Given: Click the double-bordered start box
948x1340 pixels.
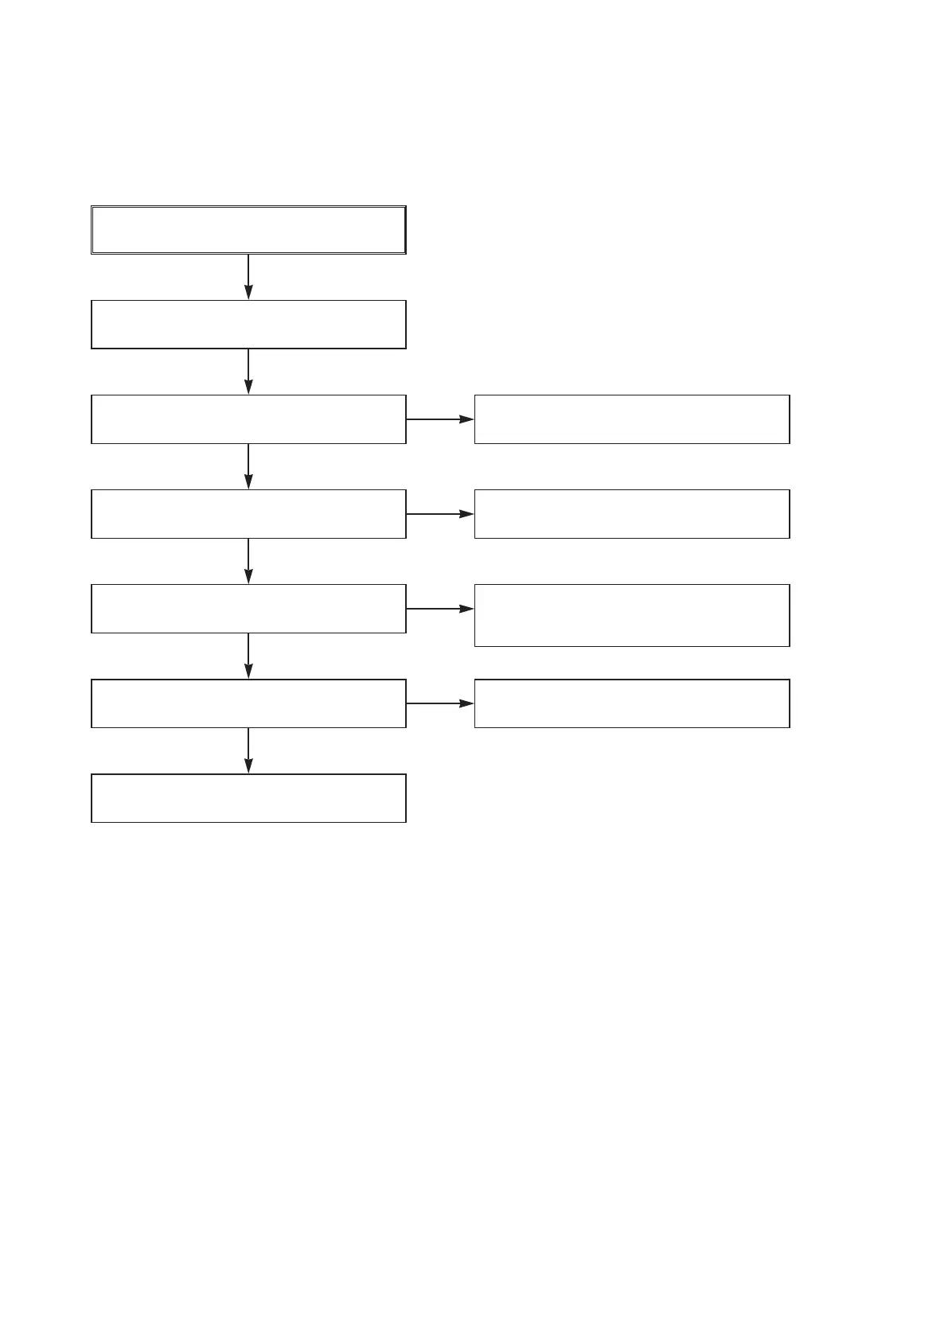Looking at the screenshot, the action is [248, 230].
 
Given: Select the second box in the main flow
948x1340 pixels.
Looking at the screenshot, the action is [248, 324].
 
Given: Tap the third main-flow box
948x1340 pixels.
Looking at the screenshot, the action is [248, 419].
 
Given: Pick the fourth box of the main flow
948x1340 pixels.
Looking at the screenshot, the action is [248, 514].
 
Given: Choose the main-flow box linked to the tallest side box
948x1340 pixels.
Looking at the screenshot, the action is [248, 609].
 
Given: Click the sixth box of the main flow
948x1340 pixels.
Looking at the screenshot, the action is [248, 703].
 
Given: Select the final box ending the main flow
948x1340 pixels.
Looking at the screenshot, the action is [248, 797].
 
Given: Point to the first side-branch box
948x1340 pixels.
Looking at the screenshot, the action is [632, 419].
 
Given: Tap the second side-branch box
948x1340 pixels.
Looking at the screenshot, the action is [632, 514].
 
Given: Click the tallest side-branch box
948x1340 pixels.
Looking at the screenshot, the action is [632, 615].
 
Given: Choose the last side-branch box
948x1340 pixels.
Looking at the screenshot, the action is [632, 703].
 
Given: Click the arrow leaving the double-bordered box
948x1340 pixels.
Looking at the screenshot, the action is [248, 277].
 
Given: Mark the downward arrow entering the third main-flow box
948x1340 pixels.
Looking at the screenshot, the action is [248, 372].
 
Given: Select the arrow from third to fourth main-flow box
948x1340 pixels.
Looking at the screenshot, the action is [248, 466].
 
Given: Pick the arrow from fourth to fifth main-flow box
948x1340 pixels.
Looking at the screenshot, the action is [248, 561].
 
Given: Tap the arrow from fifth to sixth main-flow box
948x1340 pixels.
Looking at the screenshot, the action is [248, 656].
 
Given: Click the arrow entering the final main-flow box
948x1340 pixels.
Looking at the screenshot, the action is [248, 750].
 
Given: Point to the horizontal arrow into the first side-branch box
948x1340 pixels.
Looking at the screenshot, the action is [440, 419].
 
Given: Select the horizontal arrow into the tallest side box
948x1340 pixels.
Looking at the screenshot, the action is [440, 609].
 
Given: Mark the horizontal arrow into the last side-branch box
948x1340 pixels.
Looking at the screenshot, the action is [440, 703].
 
